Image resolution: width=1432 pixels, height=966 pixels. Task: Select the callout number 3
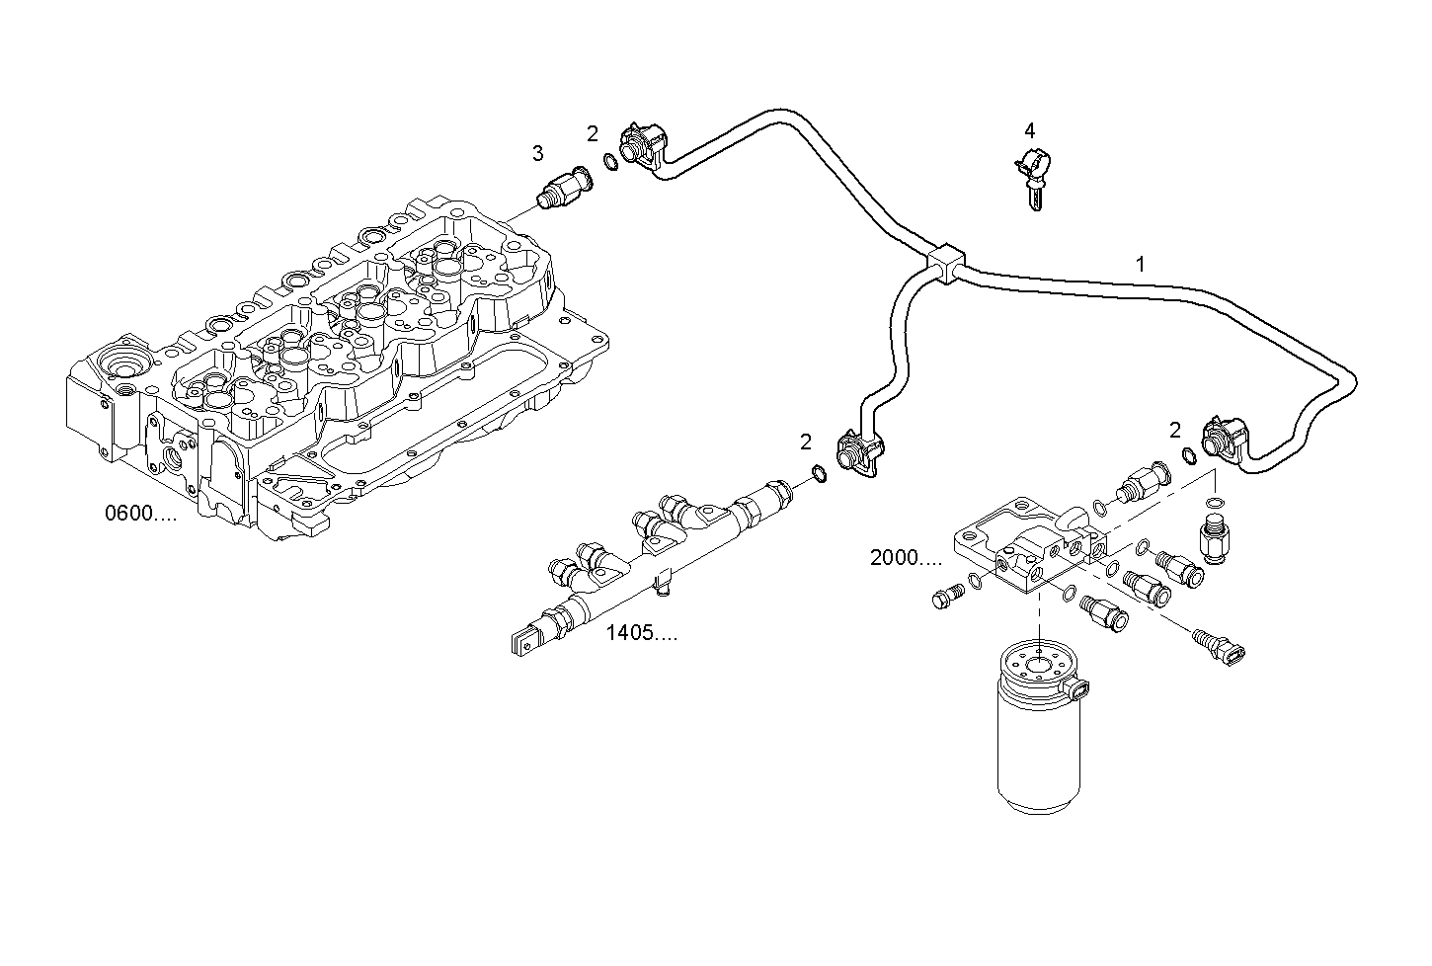click(537, 153)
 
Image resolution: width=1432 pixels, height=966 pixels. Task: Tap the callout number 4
click(1029, 130)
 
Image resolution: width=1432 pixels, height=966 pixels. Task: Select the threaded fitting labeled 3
click(562, 188)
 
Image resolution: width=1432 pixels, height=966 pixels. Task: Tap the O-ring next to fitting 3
click(611, 163)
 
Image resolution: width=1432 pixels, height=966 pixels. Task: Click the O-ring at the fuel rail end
click(819, 475)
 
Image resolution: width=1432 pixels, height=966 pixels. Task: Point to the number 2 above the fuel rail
click(805, 442)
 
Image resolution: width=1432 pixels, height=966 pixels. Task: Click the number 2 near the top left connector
click(592, 133)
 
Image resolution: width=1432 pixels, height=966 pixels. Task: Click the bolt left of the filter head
click(945, 597)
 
